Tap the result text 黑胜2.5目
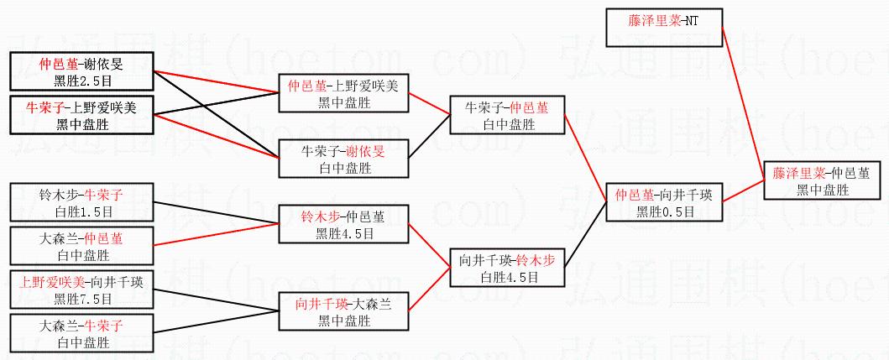click(82, 80)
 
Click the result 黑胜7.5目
click(82, 298)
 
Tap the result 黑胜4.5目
click(344, 232)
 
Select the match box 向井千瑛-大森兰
click(343, 311)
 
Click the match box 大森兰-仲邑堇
click(81, 246)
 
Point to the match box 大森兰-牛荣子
click(81, 333)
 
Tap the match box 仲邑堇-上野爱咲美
click(343, 93)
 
